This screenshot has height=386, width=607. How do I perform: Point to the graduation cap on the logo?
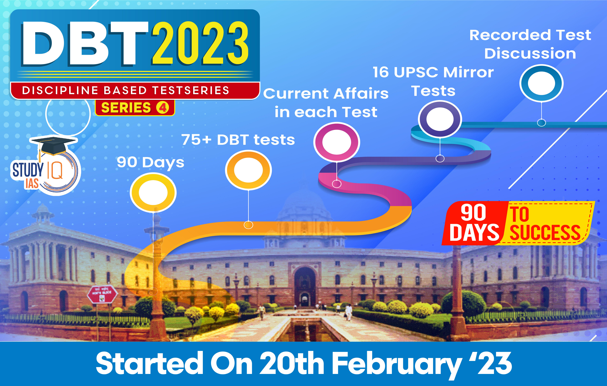tap(53, 146)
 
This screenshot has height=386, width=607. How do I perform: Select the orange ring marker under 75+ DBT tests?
tap(248, 170)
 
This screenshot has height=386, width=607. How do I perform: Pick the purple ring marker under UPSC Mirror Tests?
tap(440, 119)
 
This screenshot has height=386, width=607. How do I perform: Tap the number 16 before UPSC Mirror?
tap(381, 72)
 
